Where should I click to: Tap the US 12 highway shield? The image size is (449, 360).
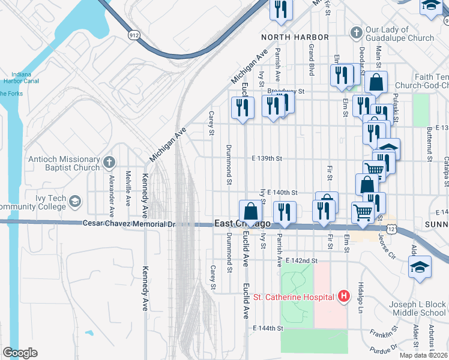[x=391, y=229]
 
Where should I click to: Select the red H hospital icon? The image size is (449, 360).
[x=343, y=296]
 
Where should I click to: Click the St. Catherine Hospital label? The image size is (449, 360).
[x=293, y=297]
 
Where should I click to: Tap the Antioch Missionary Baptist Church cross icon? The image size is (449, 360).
[x=109, y=161]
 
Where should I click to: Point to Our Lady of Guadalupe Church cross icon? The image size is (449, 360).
[x=356, y=32]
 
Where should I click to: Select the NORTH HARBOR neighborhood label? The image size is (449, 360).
[x=295, y=37]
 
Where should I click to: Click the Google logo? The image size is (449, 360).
[x=20, y=353]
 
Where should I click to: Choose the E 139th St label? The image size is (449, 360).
[x=266, y=159]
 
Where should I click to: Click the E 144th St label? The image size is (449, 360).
[x=268, y=328]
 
